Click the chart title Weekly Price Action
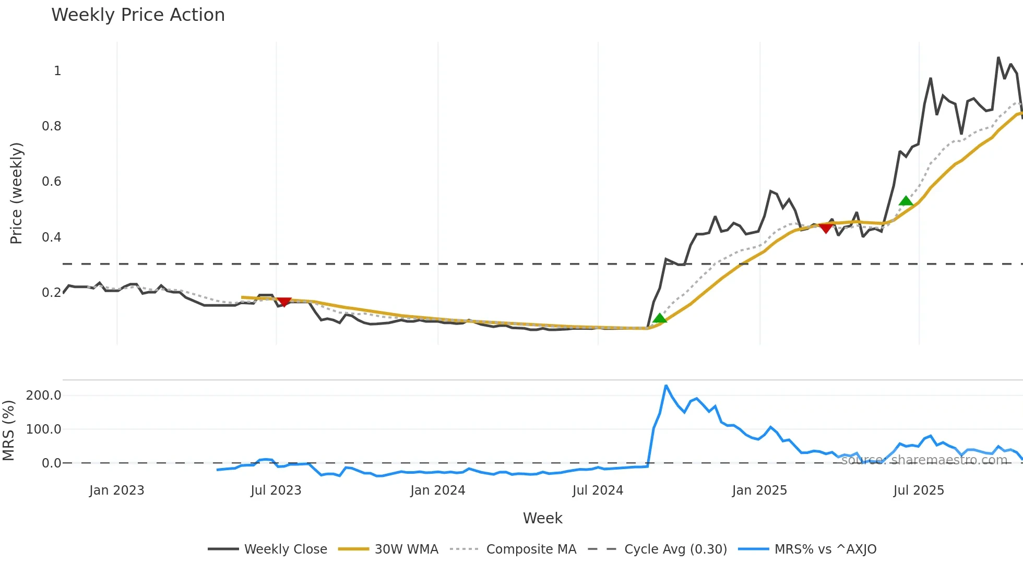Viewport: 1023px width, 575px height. click(x=138, y=15)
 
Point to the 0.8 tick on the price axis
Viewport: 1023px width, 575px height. click(x=52, y=126)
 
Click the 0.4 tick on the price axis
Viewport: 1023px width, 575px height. click(x=52, y=237)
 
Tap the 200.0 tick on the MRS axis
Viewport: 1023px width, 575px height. click(x=44, y=396)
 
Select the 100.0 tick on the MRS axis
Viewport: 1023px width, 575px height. click(x=44, y=429)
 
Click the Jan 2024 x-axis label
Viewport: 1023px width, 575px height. click(x=437, y=490)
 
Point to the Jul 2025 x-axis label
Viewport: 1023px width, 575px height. click(x=919, y=490)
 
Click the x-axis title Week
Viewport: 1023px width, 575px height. click(x=542, y=518)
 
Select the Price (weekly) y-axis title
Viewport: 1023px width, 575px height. click(x=16, y=193)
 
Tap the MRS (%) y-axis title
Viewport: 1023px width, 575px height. click(x=8, y=430)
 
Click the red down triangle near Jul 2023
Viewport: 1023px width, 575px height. click(x=284, y=302)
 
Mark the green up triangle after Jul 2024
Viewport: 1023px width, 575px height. click(x=660, y=318)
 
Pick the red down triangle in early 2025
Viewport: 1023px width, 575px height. click(x=826, y=228)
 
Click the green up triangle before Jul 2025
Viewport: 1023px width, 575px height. click(x=906, y=201)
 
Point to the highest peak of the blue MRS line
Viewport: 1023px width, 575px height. click(x=666, y=386)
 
